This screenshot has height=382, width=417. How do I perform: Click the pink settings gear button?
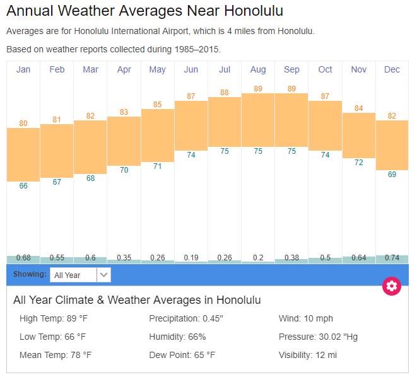[392, 286]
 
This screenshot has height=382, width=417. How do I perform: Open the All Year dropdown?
[80, 275]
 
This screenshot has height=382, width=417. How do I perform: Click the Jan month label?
[23, 69]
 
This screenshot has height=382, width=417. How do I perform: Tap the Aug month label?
[258, 69]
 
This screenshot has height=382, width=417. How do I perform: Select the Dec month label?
[392, 69]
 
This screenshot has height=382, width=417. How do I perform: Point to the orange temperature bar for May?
[158, 135]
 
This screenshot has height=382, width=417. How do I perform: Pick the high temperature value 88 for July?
[225, 93]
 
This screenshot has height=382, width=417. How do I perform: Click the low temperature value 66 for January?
[23, 186]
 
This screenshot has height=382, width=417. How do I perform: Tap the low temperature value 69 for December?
[392, 175]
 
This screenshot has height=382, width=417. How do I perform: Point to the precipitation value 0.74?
[392, 257]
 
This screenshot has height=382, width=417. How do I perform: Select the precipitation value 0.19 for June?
[191, 257]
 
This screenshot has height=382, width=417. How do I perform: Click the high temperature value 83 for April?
[124, 112]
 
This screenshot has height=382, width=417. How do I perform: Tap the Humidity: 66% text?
[177, 337]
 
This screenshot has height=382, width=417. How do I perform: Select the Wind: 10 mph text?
[306, 318]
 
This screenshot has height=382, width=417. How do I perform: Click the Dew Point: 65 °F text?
[182, 355]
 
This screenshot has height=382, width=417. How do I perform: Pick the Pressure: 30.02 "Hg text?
[318, 337]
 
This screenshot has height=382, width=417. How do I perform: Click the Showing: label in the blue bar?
[30, 275]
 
